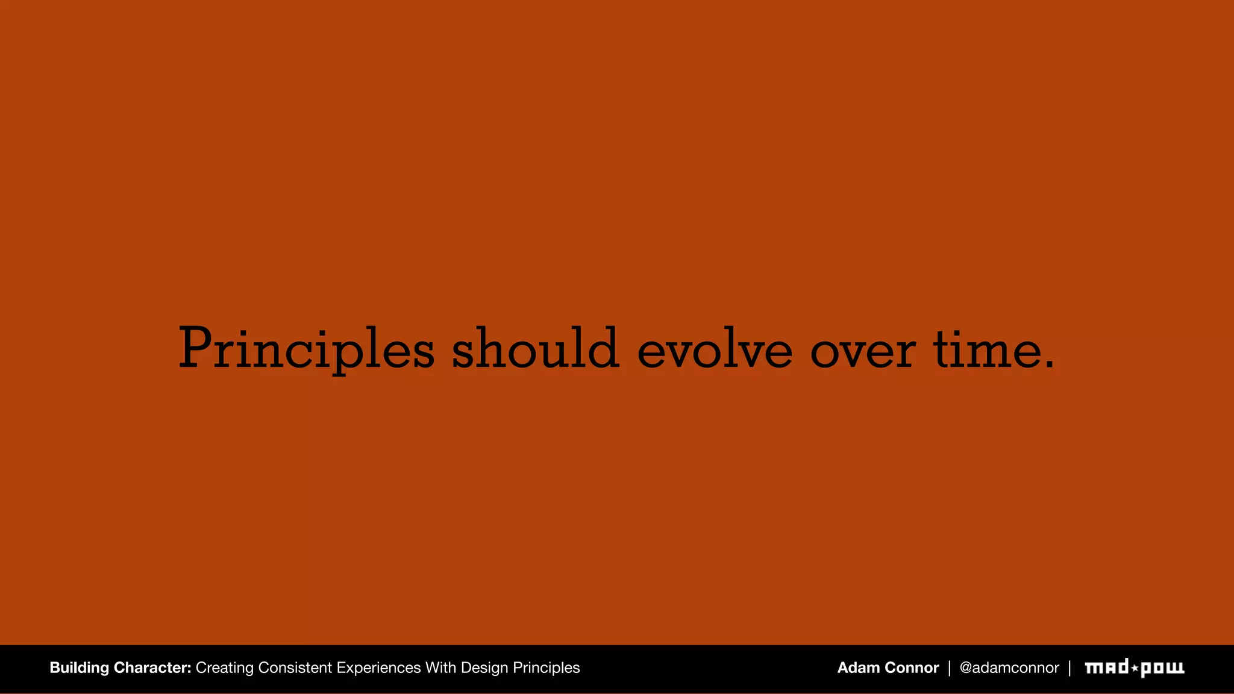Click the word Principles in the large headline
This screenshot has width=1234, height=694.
click(x=306, y=349)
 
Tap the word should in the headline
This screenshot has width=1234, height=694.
click(x=535, y=349)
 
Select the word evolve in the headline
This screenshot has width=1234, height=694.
click(x=715, y=350)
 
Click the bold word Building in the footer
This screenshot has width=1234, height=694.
click(x=80, y=668)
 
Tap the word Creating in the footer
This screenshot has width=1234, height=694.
click(x=224, y=668)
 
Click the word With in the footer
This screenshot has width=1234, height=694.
click(x=440, y=667)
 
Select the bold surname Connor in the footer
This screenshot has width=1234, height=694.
click(x=912, y=667)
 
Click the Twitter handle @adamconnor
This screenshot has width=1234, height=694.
click(x=1009, y=667)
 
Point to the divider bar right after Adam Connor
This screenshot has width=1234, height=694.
click(x=949, y=667)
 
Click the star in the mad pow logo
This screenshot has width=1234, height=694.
click(x=1135, y=668)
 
